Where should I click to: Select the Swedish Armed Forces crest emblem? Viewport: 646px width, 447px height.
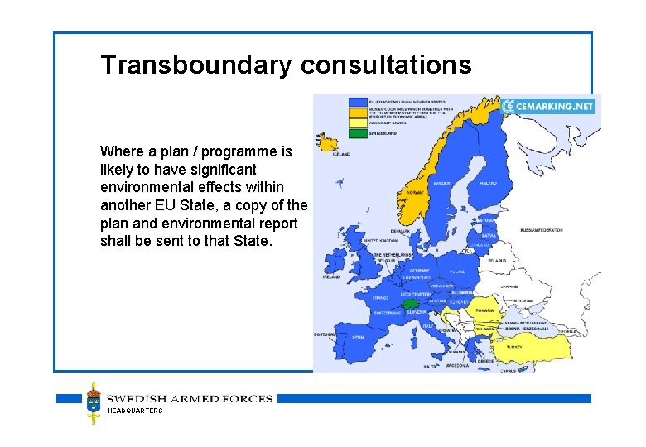94,403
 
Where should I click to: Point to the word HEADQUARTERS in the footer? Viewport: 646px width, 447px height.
136,411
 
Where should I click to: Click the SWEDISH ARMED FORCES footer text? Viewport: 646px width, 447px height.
190,399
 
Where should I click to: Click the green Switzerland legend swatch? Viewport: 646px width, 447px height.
358,132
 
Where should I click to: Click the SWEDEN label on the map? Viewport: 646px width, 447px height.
442,182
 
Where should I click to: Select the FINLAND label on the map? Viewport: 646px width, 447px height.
488,182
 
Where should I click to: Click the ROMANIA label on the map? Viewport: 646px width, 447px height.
485,310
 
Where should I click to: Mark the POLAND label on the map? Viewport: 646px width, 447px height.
456,271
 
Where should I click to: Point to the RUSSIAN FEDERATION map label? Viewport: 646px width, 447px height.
542,230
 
